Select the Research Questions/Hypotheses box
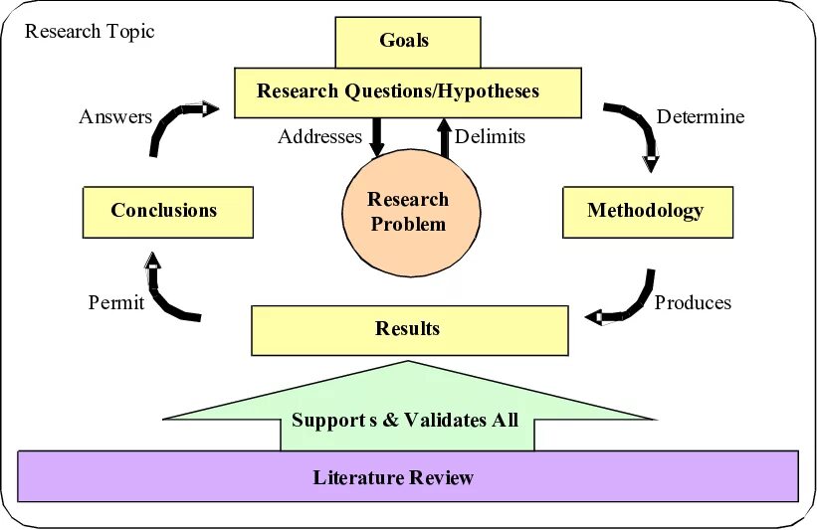408,91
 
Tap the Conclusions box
167,211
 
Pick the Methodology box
647,211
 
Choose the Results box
409,329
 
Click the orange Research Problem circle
409,212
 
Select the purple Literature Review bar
408,476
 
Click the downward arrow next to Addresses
376,136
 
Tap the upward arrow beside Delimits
444,136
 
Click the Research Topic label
90,31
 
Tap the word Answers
115,116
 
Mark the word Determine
701,116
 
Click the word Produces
693,302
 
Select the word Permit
116,302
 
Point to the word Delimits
490,136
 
